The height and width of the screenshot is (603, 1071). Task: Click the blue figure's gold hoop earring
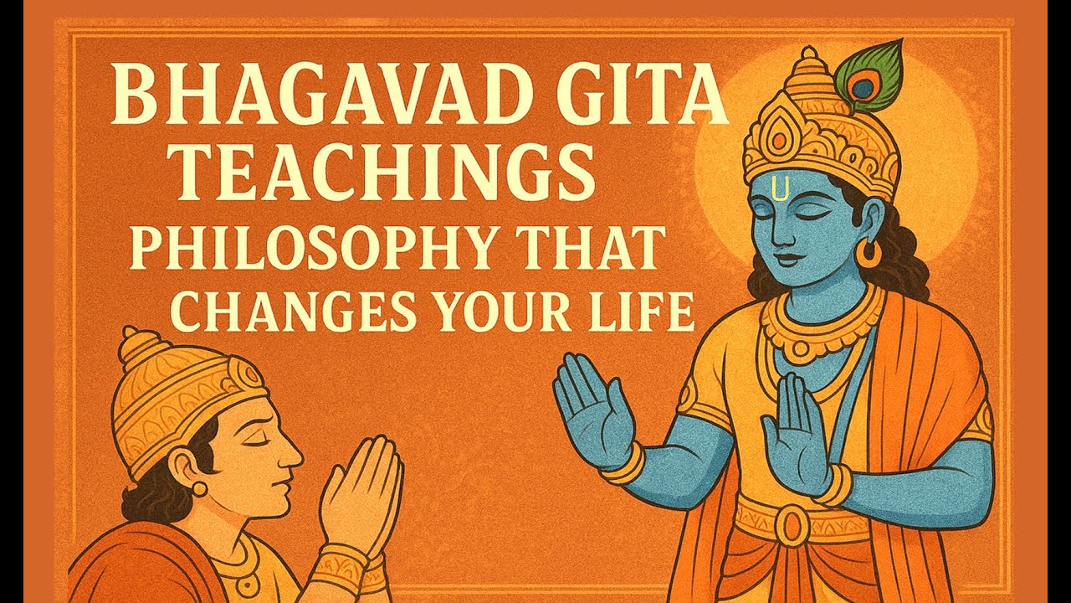point(869,253)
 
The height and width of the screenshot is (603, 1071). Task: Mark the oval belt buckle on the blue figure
point(791,524)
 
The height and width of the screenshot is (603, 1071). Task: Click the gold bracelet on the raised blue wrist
point(623,465)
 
